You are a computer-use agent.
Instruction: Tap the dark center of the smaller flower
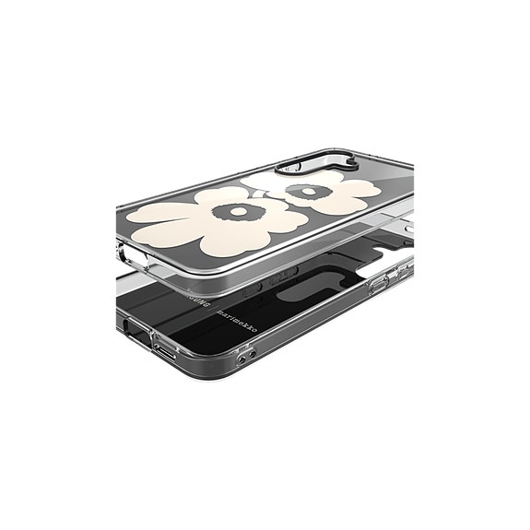(x=302, y=192)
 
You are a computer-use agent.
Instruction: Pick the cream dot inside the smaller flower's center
(x=303, y=192)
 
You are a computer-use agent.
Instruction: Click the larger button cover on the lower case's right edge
(x=379, y=284)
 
